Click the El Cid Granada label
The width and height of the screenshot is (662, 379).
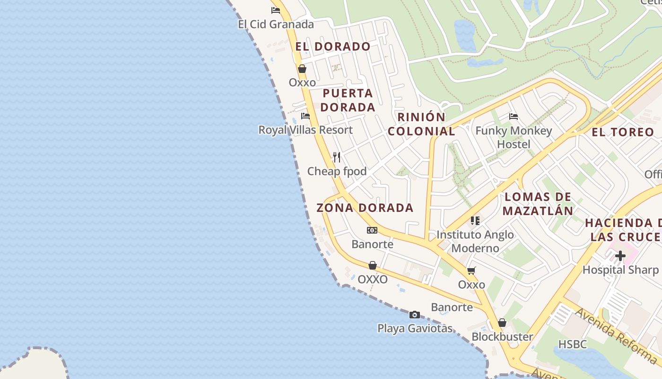[x=276, y=24]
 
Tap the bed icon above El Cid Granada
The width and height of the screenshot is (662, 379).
[x=276, y=10]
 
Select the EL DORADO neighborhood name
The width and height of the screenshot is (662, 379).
[x=333, y=46]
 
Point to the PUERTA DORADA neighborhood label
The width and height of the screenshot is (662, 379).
[x=348, y=100]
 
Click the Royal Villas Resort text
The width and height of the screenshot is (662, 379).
[x=305, y=130]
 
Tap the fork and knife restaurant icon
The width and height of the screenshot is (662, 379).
[x=337, y=157]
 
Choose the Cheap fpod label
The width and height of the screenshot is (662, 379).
[x=337, y=171]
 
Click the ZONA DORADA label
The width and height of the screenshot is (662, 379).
[x=365, y=208]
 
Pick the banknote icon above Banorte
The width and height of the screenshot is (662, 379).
[x=372, y=230]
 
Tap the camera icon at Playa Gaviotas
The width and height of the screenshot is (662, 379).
[x=415, y=315]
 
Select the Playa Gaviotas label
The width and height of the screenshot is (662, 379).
[x=415, y=328]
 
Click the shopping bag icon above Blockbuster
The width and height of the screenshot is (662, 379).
[x=502, y=323]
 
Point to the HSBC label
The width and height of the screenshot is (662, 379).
[x=573, y=344]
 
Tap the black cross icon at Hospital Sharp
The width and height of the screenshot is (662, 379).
[x=620, y=256]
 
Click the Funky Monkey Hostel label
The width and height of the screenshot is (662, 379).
[x=514, y=137]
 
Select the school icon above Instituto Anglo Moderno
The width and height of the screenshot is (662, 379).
[x=475, y=220]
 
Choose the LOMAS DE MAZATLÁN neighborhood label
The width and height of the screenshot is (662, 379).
[x=538, y=204]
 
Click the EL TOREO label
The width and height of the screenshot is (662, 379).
[x=623, y=132]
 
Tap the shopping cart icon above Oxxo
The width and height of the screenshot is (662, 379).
[x=471, y=271]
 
